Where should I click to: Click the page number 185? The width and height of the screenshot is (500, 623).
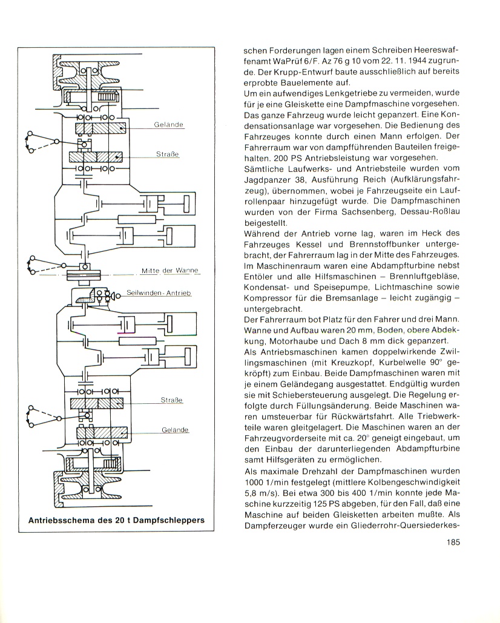coord(452,541)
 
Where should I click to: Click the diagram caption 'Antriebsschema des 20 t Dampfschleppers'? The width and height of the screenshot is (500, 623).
coord(116,520)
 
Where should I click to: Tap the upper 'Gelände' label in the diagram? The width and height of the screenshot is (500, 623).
coord(169,125)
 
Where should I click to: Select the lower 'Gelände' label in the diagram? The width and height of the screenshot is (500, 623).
coord(175,430)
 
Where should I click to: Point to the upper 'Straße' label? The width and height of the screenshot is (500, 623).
coord(167,154)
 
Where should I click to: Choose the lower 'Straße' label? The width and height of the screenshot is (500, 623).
coord(171,400)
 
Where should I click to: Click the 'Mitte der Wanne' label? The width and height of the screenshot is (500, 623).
coord(170,271)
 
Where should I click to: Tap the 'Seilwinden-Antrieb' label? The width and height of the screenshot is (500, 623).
coord(159,293)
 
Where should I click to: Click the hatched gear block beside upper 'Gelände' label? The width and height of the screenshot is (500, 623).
coord(100,128)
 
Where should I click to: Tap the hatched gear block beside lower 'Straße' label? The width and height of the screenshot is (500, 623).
coord(97,404)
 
